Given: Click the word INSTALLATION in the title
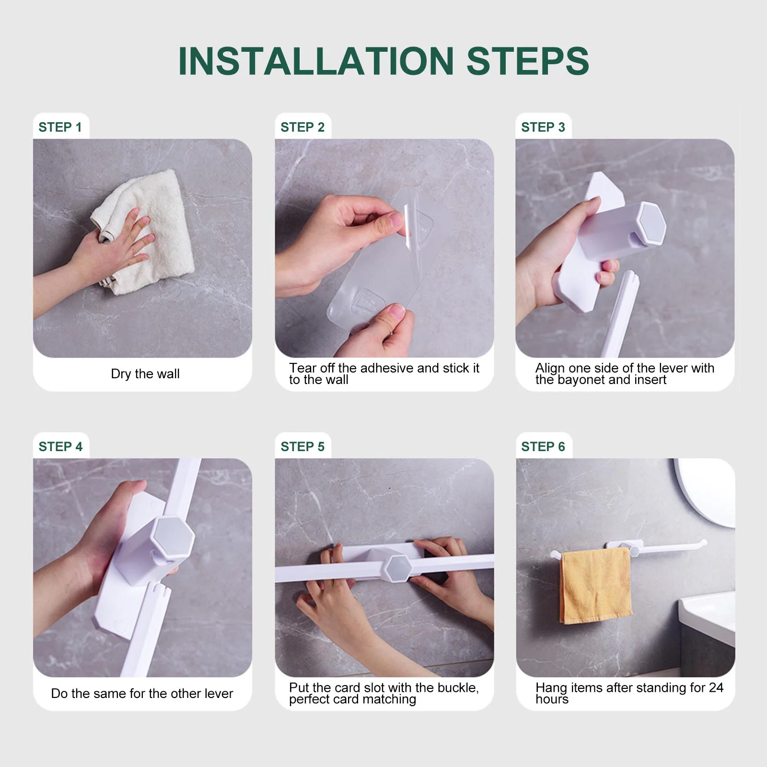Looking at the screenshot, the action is click(316, 61).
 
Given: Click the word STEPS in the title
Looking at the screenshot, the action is click(527, 61).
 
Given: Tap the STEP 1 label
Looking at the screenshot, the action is click(60, 127).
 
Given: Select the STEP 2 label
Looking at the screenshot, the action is click(302, 127).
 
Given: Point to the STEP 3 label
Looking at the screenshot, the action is click(543, 127).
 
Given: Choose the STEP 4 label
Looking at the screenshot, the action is click(60, 446).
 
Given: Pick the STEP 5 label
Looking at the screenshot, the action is click(302, 446).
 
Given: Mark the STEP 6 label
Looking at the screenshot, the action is click(543, 446).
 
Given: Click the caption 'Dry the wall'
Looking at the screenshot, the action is click(145, 374).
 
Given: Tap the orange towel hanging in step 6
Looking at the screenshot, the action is click(595, 586).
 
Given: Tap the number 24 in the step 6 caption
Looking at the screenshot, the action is click(716, 687).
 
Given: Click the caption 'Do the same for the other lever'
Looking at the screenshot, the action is click(142, 694).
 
